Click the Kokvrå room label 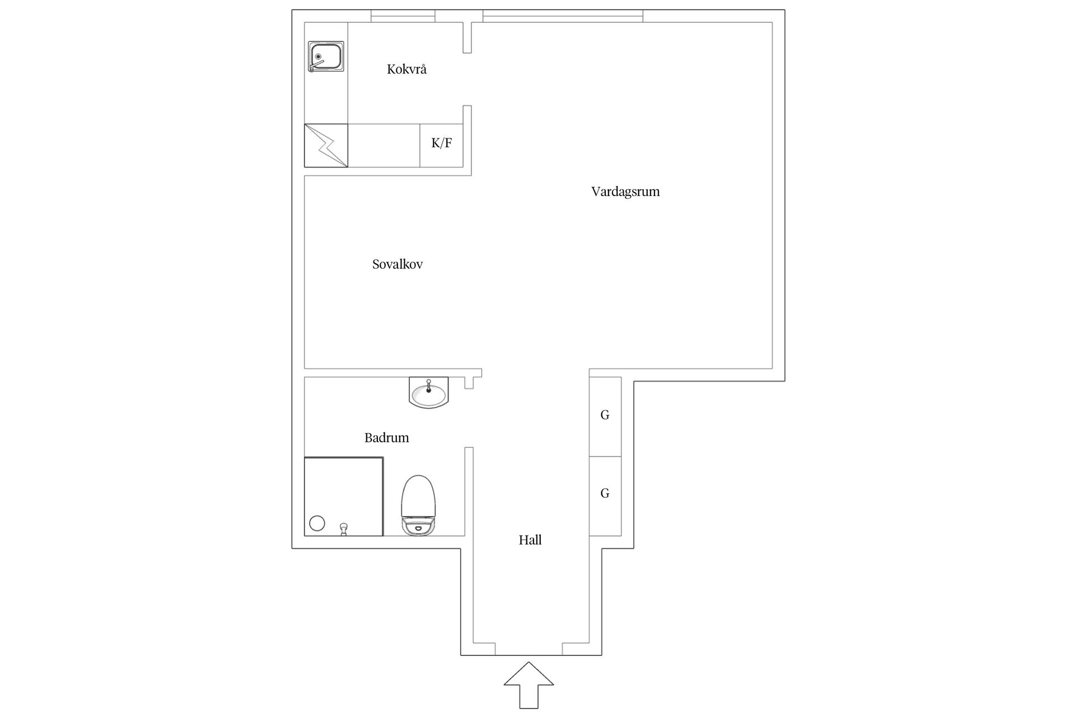click(406, 69)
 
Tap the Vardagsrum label click(625, 192)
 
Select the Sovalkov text click(398, 264)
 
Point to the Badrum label click(387, 437)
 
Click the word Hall click(530, 540)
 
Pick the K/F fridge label click(442, 143)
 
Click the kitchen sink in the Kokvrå click(326, 57)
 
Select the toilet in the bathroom click(418, 505)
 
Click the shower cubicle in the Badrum click(344, 496)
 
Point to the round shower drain click(317, 524)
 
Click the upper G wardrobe click(605, 417)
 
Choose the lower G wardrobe click(605, 496)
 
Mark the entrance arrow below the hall click(529, 685)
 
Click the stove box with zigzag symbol click(326, 146)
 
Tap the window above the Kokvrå click(403, 16)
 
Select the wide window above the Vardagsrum click(563, 16)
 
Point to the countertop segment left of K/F click(384, 146)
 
